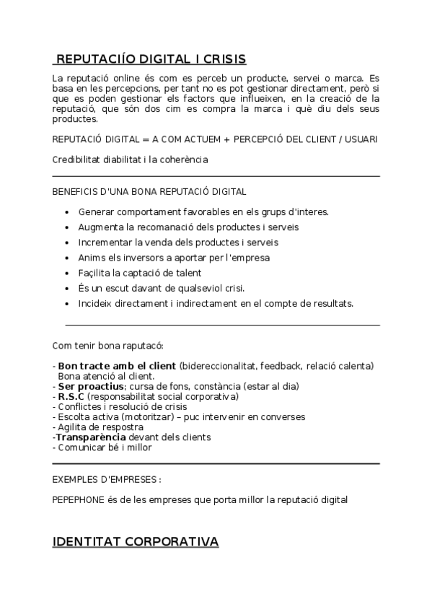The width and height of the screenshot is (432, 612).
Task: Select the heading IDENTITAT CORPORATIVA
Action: click(136, 541)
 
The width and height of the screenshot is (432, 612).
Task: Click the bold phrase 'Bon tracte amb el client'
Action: click(117, 366)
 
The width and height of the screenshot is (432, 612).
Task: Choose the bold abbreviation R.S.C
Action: click(71, 396)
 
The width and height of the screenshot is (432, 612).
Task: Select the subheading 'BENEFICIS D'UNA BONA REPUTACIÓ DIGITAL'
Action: click(149, 192)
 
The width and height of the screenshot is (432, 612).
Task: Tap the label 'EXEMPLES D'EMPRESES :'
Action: click(107, 479)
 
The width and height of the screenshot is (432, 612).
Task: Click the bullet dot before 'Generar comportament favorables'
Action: click(67, 212)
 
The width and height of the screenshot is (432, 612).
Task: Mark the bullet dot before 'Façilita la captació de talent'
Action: click(67, 273)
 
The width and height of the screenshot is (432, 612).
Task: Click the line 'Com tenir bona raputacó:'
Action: click(108, 345)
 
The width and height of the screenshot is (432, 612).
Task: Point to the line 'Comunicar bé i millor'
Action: click(105, 447)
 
